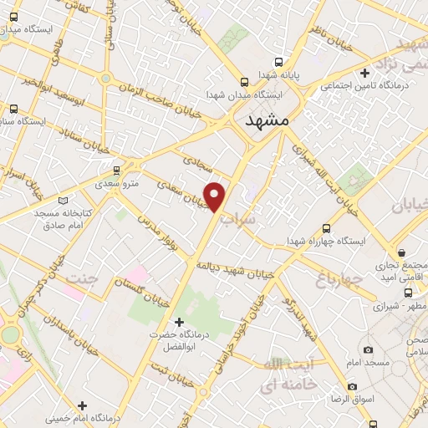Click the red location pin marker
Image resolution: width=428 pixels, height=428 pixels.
pos(216,196)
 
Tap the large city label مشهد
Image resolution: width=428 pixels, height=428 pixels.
pos(267,121)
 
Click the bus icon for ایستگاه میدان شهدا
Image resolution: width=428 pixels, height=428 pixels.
pos(244,82)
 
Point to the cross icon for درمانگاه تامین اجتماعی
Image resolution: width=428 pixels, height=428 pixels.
pos(364,74)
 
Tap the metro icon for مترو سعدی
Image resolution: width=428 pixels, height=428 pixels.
pos(116,171)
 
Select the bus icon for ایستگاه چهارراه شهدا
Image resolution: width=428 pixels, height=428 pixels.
pos(326,228)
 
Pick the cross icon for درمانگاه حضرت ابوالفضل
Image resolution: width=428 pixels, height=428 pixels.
pos(177,322)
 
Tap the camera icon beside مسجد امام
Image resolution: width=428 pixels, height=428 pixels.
pos(368,350)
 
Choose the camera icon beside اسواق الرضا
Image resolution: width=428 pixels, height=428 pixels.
pos(352,387)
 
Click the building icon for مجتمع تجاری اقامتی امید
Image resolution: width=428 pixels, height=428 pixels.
pos(402,252)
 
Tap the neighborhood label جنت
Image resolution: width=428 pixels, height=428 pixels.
pos(82,278)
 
